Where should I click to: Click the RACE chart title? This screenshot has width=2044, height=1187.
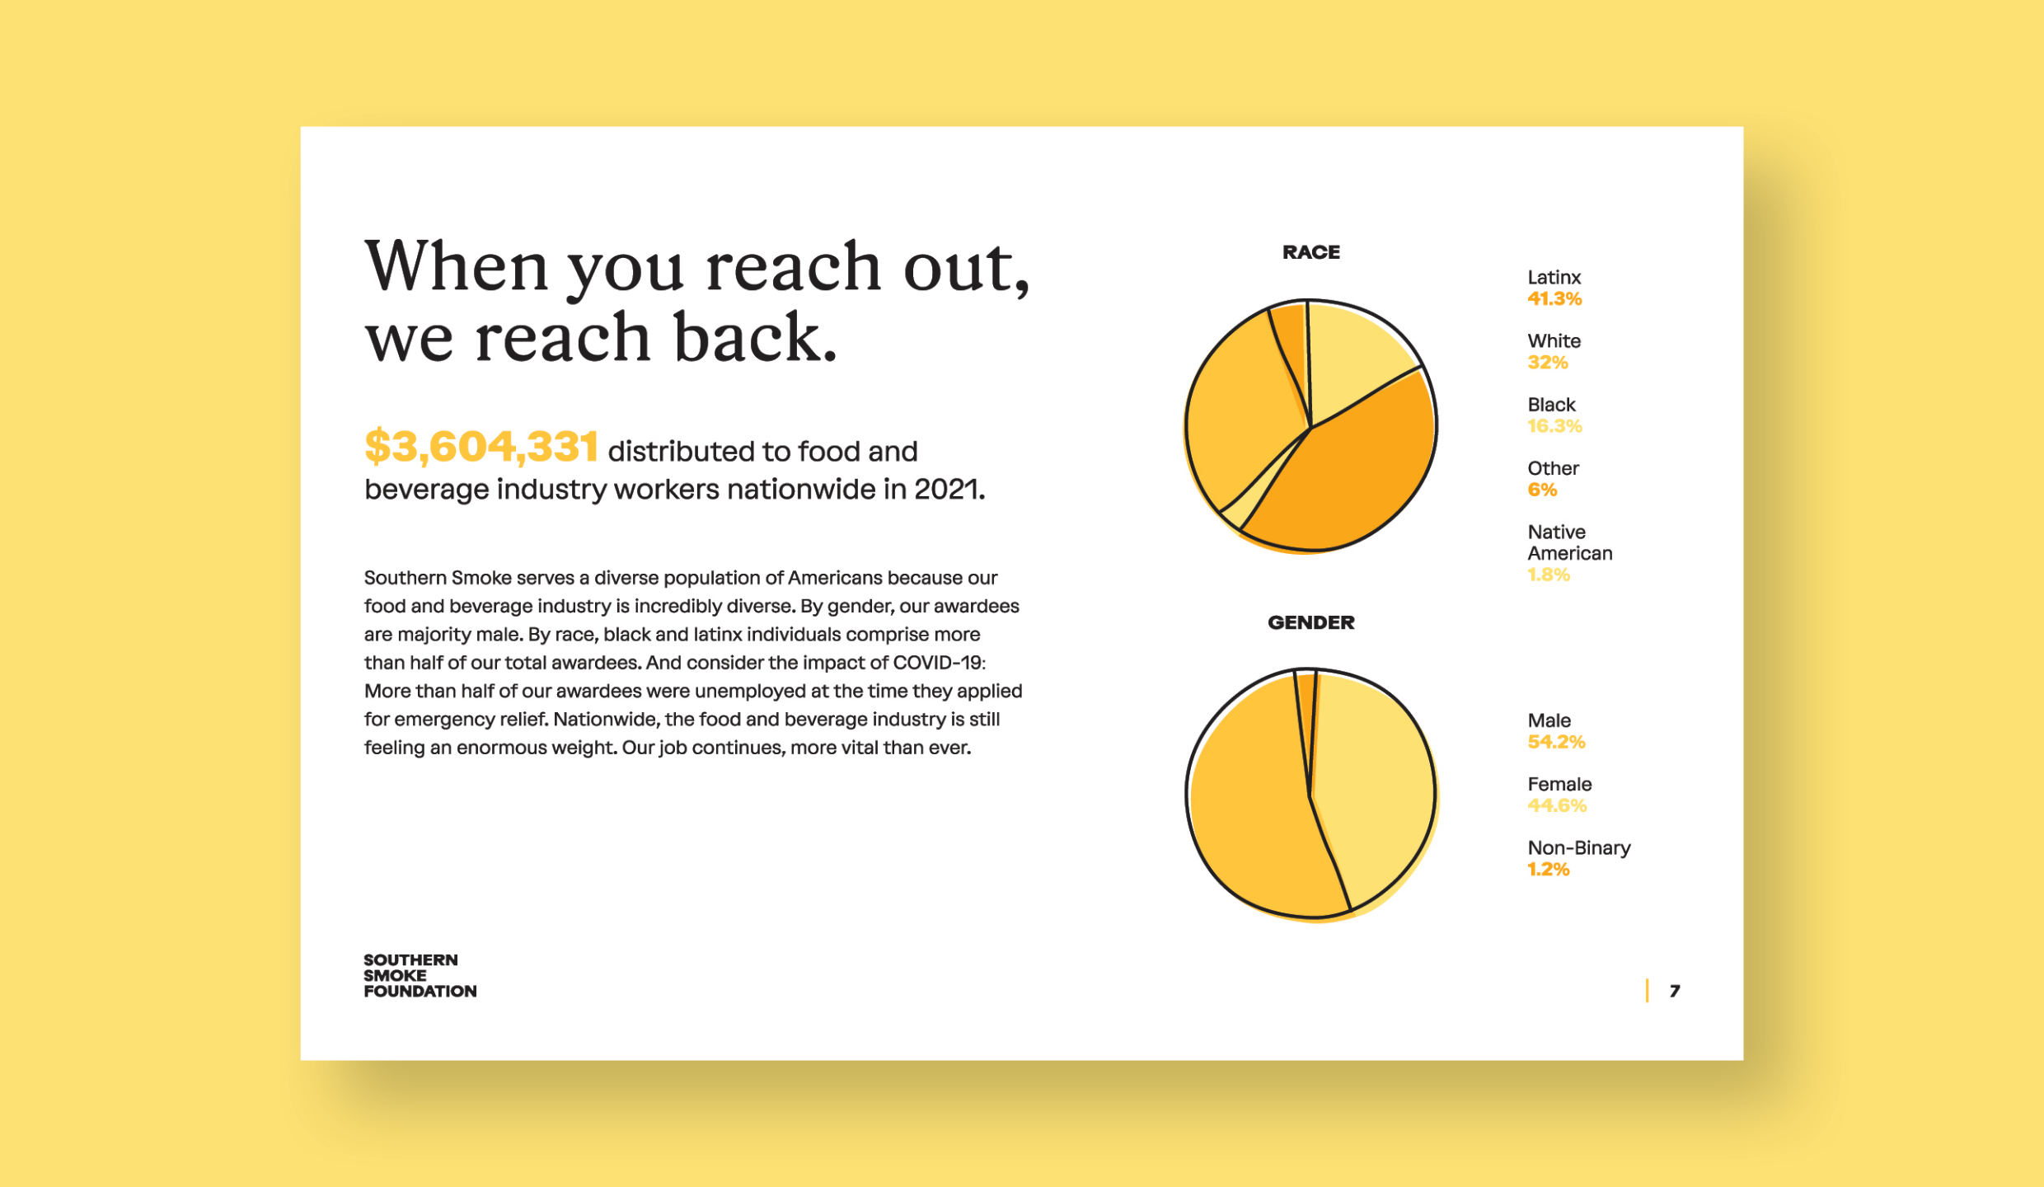pos(1310,252)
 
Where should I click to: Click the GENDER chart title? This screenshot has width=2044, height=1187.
pos(1310,622)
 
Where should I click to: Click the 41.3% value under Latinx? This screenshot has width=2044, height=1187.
pos(1554,298)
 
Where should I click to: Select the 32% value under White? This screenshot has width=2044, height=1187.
pos(1547,362)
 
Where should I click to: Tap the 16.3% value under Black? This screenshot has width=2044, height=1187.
pos(1554,425)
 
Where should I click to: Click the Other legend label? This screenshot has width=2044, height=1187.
pos(1553,468)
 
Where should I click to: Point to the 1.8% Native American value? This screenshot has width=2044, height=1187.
pos(1549,575)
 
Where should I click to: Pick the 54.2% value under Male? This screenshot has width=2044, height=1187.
pos(1556,742)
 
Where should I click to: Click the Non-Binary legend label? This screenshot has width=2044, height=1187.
pos(1578,847)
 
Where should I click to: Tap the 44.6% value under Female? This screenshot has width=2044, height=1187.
pos(1557,805)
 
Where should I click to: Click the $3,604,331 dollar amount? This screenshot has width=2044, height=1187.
pos(481,446)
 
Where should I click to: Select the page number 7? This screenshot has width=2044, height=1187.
pos(1675,991)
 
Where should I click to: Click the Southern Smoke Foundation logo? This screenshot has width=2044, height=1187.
pos(420,976)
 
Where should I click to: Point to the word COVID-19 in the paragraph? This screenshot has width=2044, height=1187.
pos(939,663)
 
